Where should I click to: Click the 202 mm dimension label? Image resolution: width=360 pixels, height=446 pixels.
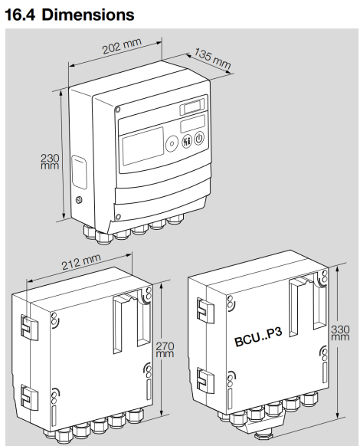pyautogui.click(x=122, y=46)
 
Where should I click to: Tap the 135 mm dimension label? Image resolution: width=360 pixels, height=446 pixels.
pyautogui.click(x=212, y=58)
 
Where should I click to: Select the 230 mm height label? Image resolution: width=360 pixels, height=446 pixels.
pyautogui.click(x=50, y=162)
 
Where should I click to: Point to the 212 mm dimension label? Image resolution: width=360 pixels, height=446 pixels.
pyautogui.click(x=81, y=261)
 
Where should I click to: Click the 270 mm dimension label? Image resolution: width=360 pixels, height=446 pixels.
pyautogui.click(x=165, y=349)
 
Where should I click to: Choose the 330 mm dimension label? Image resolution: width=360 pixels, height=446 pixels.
pyautogui.click(x=340, y=333)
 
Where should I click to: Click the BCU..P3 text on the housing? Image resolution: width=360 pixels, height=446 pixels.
pyautogui.click(x=258, y=336)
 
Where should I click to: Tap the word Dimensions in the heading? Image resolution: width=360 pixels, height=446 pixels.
pyautogui.click(x=88, y=15)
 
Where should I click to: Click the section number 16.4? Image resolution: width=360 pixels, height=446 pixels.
pyautogui.click(x=20, y=15)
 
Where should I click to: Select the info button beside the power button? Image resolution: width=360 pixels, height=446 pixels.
pyautogui.click(x=187, y=141)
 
